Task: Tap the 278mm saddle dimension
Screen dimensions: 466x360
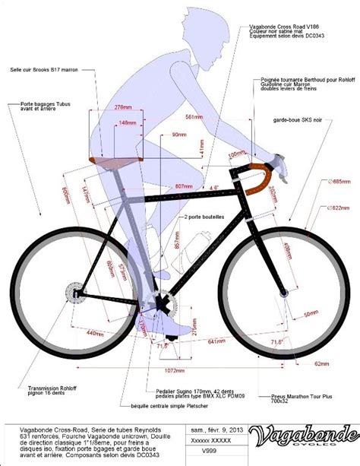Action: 123,109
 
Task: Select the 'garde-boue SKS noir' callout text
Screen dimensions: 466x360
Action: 301,120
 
